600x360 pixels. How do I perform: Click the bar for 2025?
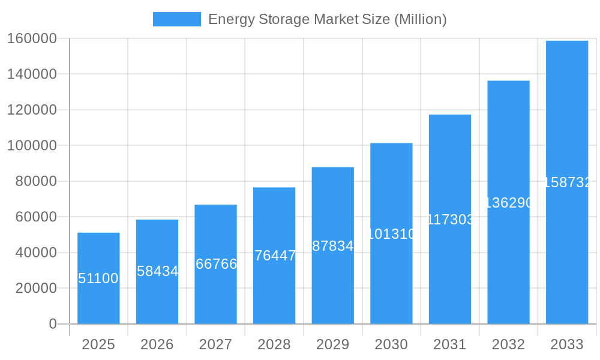[98, 278]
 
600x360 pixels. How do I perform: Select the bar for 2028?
[274, 256]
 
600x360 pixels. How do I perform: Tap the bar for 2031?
[450, 219]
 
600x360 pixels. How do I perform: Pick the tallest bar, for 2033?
[567, 182]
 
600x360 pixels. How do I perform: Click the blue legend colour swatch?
[177, 19]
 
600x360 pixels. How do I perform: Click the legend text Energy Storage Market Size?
[327, 19]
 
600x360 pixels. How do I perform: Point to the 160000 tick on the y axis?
[32, 38]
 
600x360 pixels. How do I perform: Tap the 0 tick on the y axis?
[53, 324]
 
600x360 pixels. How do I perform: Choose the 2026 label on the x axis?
[157, 344]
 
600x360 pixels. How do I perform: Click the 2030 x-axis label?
[391, 344]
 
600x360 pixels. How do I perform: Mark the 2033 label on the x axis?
[567, 344]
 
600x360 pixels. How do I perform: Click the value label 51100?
[98, 278]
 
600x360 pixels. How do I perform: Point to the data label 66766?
[216, 264]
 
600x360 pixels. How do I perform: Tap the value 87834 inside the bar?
[333, 246]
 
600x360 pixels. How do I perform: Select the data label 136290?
[508, 203]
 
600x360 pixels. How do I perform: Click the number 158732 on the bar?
[568, 182]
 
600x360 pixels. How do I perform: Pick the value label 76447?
[275, 256]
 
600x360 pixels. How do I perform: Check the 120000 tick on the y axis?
[32, 110]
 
